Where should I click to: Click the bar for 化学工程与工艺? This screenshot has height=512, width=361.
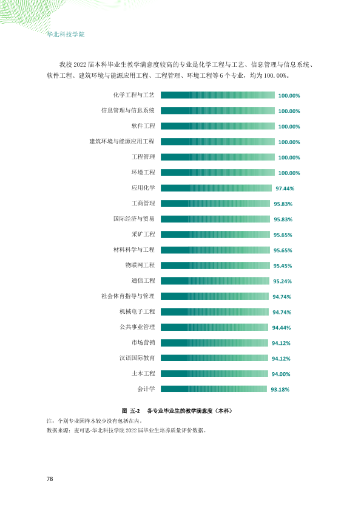[x=218, y=95]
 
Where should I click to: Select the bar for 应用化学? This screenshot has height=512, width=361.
[x=217, y=188]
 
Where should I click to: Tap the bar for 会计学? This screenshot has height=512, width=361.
[x=214, y=389]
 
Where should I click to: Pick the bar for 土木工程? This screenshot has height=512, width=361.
[x=214, y=373]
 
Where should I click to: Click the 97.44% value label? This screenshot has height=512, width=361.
[x=285, y=189]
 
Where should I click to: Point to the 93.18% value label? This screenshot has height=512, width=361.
[x=280, y=390]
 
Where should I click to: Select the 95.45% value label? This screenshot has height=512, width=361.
[x=283, y=266]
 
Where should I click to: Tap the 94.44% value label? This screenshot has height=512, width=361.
[x=282, y=328]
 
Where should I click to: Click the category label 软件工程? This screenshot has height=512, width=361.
[x=143, y=126]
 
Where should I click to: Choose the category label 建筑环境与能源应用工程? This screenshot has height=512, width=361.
[x=122, y=142]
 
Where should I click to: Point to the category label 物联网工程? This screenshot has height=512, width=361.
[x=140, y=265]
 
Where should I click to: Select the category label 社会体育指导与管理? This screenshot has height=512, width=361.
[x=128, y=296]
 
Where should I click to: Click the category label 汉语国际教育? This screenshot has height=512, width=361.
[x=137, y=358]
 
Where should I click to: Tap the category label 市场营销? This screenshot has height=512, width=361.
[x=143, y=342]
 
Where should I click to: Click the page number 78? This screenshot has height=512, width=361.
[x=50, y=479]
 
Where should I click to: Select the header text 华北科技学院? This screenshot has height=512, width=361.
[x=66, y=34]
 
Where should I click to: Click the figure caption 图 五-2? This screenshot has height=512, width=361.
[x=130, y=411]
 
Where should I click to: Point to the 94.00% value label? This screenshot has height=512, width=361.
[x=281, y=374]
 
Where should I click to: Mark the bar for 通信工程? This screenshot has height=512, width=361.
[x=215, y=281]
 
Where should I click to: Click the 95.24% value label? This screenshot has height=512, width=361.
[x=283, y=281]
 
